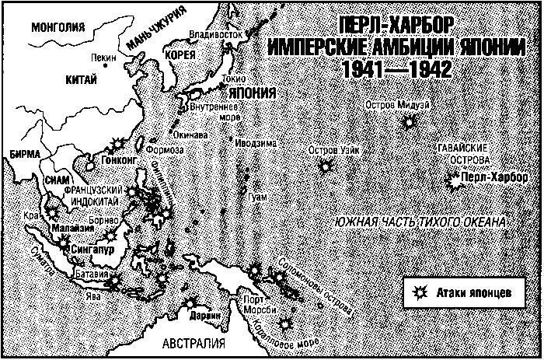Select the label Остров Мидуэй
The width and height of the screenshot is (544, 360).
395,106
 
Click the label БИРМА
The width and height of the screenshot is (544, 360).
20,154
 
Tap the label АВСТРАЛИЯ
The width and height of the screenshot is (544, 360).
194,343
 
